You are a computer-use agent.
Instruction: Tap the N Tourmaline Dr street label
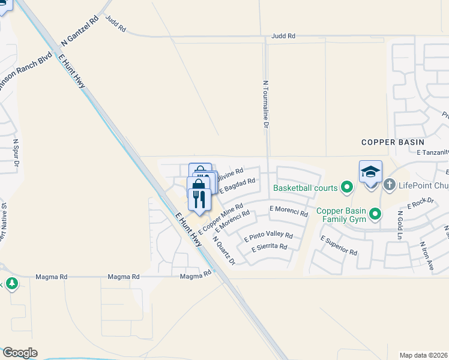click(265, 104)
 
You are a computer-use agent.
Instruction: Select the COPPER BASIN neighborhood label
click(393, 142)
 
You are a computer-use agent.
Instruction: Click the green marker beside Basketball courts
click(346, 188)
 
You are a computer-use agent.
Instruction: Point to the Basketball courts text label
click(306, 188)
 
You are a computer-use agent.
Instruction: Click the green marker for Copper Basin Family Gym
click(375, 213)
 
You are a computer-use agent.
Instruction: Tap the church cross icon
click(389, 185)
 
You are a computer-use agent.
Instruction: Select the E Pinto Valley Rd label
click(268, 236)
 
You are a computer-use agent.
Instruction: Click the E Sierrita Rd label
click(270, 247)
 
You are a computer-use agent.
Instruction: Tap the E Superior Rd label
click(339, 245)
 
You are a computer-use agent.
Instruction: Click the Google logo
click(19, 353)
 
